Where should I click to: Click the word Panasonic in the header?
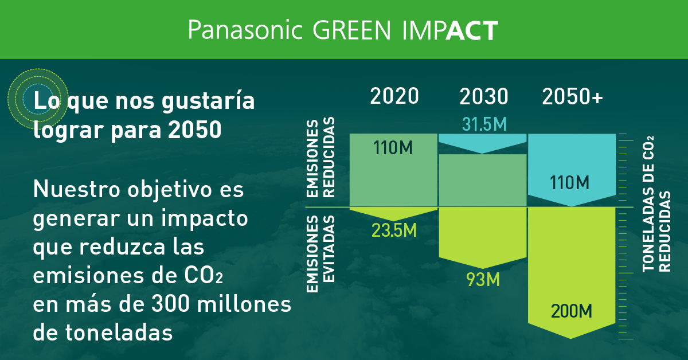[x=245, y=30]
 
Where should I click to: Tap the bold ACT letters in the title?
[x=471, y=30]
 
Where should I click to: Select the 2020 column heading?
[x=394, y=96]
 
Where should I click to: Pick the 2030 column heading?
[x=483, y=96]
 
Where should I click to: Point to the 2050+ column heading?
[x=573, y=96]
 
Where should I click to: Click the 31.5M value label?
[x=483, y=123]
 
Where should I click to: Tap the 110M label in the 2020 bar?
[x=393, y=148]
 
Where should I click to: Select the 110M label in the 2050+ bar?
[x=570, y=183]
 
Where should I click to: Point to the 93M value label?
[x=483, y=280]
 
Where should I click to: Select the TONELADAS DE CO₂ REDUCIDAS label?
[x=656, y=206]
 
